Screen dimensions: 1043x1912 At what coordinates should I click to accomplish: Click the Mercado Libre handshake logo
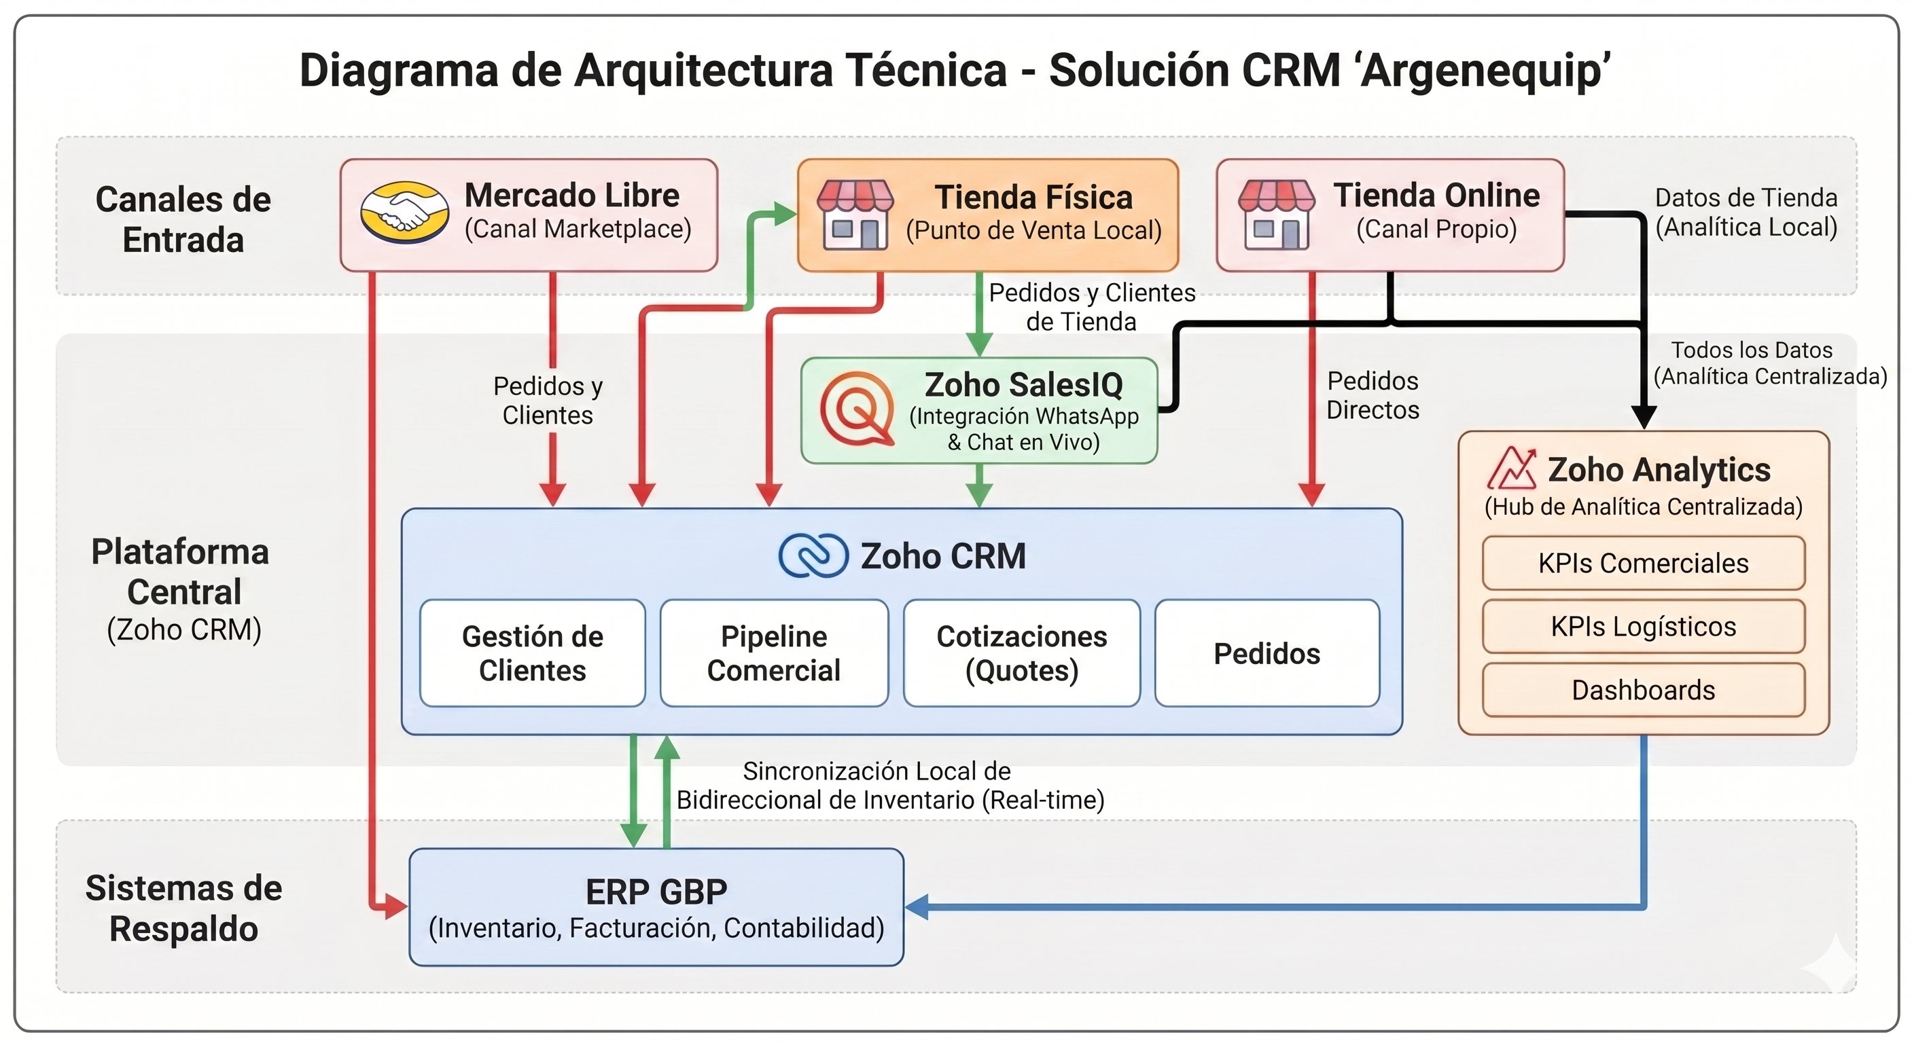point(404,213)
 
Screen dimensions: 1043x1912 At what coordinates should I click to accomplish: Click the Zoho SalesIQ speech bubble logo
point(857,409)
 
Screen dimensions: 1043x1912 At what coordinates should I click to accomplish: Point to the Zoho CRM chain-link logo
point(813,555)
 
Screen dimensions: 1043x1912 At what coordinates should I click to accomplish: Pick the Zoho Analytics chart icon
point(1511,468)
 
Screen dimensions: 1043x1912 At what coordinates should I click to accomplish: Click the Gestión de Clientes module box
point(532,653)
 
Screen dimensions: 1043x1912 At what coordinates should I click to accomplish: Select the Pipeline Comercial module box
point(773,653)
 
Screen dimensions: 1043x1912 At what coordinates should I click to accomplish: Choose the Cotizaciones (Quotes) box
point(1021,653)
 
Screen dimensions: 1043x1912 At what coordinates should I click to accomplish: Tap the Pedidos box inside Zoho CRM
point(1267,653)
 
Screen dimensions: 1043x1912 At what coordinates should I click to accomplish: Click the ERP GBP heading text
point(656,891)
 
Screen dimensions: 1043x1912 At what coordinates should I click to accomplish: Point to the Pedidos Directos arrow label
point(1373,395)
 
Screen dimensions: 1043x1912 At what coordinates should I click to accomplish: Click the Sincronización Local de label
point(876,771)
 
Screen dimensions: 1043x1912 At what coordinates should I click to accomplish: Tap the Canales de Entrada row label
point(183,219)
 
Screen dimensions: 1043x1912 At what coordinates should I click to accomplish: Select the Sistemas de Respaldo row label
point(183,908)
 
